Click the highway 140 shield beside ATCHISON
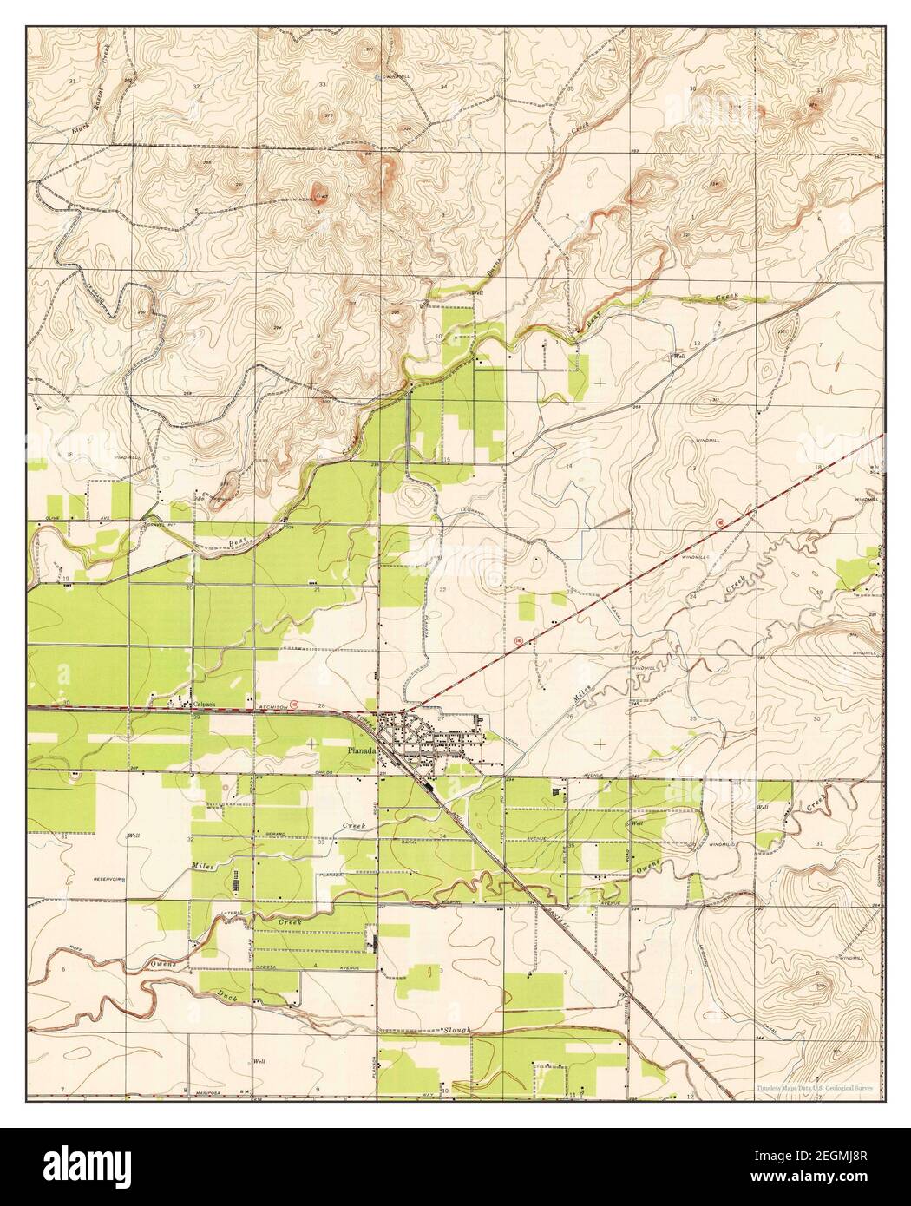coord(294,705)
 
